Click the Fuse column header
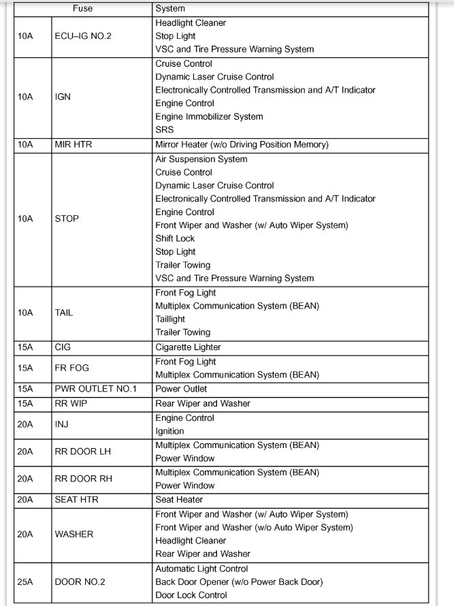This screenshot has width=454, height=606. pyautogui.click(x=82, y=9)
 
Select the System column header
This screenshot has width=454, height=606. pyautogui.click(x=170, y=9)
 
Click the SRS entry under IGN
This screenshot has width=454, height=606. pyautogui.click(x=164, y=129)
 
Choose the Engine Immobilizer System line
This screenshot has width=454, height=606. pyautogui.click(x=209, y=116)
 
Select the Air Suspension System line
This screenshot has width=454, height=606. pyautogui.click(x=201, y=159)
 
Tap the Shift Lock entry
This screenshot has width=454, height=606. pyautogui.click(x=175, y=238)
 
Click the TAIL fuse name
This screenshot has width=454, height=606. pyautogui.click(x=65, y=313)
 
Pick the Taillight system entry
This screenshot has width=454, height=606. pyautogui.click(x=170, y=319)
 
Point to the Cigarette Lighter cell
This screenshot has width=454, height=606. pyautogui.click(x=188, y=347)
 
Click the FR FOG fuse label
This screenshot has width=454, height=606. pyautogui.click(x=72, y=368)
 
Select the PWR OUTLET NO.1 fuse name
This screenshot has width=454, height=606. pyautogui.click(x=95, y=389)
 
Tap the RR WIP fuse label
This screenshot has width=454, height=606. pyautogui.click(x=71, y=403)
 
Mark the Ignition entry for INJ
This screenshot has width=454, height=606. pyautogui.click(x=169, y=431)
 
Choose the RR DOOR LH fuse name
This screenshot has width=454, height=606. pyautogui.click(x=82, y=451)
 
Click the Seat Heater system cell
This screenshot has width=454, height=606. pyautogui.click(x=179, y=500)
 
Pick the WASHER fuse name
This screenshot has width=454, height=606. pyautogui.click(x=74, y=534)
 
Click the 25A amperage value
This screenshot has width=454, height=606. pyautogui.click(x=25, y=582)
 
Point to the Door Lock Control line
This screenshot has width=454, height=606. pyautogui.click(x=191, y=595)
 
